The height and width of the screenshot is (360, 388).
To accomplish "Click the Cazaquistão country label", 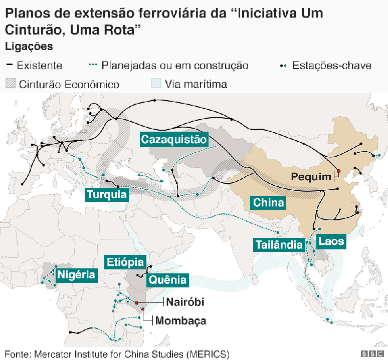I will tap(173, 140).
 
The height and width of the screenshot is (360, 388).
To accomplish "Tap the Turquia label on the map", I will tap(106, 194).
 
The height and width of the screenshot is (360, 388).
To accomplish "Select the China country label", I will tap(269, 203).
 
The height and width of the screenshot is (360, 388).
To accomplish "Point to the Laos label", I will tap(331, 241).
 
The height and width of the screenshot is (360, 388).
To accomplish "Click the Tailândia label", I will tap(279, 245).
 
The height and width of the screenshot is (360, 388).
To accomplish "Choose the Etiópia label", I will tap(125, 262).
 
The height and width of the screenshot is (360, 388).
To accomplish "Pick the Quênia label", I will tap(168, 280).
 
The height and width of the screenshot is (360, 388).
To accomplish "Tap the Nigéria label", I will tap(76, 274).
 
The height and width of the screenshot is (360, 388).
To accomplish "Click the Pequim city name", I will tap(312, 177).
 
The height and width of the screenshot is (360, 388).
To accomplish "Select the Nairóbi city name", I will tap(185, 302).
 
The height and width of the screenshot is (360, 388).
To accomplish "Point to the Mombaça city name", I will tap(181, 321).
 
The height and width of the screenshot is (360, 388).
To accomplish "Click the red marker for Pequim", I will tap(339, 171).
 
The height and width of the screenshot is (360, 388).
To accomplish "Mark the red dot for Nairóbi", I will tap(136, 302).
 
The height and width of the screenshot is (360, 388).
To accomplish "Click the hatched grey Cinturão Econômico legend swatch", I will tap(11, 84).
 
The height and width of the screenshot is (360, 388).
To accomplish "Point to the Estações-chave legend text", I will tap(332, 66).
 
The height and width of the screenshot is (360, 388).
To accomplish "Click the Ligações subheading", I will tap(29, 47).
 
